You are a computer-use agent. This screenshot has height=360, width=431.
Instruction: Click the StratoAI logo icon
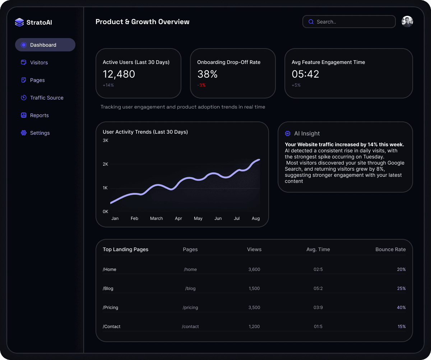tap(19, 22)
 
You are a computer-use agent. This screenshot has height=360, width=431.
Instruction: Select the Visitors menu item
tap(39, 63)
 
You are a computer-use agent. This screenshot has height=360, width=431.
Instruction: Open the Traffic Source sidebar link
tap(47, 98)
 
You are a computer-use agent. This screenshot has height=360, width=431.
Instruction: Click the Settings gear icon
tap(24, 133)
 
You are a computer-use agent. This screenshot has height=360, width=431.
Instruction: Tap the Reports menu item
tap(39, 115)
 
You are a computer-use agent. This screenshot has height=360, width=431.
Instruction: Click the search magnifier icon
tap(311, 22)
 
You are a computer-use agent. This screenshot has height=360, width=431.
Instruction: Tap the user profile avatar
tap(407, 22)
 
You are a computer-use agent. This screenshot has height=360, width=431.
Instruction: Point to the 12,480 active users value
tap(119, 74)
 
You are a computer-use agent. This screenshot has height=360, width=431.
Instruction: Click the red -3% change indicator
tap(201, 85)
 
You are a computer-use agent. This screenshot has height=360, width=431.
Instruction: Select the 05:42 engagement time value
tap(305, 74)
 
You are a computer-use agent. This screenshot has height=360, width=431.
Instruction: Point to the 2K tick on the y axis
tap(105, 164)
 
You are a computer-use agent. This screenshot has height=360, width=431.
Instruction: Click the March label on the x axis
tap(156, 218)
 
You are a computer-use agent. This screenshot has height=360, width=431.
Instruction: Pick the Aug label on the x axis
tap(256, 218)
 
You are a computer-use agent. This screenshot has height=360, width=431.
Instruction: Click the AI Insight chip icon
tap(288, 133)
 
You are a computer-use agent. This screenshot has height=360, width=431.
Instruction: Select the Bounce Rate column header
tap(390, 249)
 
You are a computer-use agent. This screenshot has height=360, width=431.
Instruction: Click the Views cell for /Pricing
tap(254, 308)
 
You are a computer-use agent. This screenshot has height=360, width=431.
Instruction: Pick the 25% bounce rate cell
tap(401, 289)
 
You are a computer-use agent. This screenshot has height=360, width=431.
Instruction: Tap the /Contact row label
tap(112, 327)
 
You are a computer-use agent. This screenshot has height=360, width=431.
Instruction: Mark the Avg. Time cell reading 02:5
tap(318, 269)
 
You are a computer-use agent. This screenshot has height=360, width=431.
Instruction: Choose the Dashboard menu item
tap(43, 45)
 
